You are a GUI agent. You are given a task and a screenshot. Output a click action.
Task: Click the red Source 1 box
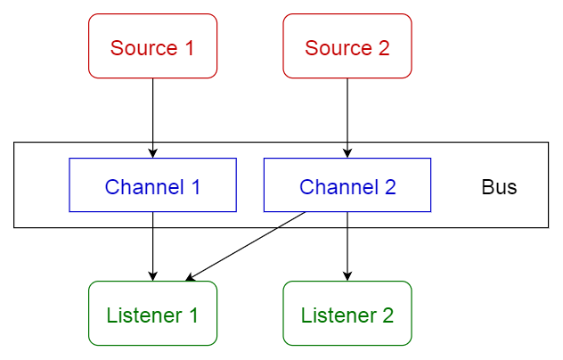[x=152, y=46]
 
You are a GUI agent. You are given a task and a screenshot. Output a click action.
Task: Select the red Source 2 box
[x=347, y=46]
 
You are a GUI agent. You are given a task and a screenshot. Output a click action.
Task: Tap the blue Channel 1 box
[x=152, y=185]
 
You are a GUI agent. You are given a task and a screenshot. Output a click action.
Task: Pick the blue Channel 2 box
[x=347, y=185]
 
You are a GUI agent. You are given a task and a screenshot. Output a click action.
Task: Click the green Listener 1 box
[x=152, y=314]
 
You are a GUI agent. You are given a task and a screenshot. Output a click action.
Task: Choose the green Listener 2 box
[x=347, y=314]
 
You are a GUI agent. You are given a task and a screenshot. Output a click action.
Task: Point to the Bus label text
[x=499, y=188]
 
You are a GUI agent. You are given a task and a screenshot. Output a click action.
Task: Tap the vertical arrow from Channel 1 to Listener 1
[x=152, y=245]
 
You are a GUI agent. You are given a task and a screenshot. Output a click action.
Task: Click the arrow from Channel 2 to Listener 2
[x=347, y=245]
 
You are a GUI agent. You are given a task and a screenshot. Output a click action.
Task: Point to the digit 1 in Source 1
[x=188, y=47]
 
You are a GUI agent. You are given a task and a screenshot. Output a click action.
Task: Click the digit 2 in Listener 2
[x=387, y=315]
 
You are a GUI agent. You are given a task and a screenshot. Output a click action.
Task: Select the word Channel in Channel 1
[x=143, y=187]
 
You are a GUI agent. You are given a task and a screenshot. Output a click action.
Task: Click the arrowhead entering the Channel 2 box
[x=347, y=152]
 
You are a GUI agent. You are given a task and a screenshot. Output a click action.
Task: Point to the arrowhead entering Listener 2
[x=347, y=275]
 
